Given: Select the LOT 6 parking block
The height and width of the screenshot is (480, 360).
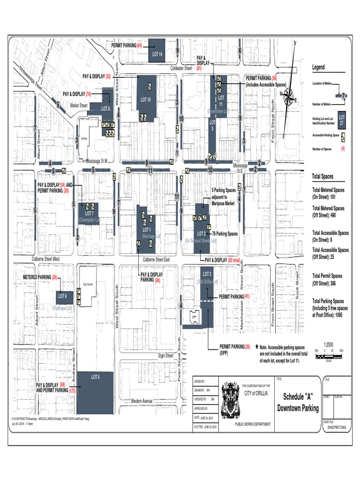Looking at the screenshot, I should coord(95,393).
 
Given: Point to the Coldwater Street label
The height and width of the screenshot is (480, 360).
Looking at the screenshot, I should coord(181,68).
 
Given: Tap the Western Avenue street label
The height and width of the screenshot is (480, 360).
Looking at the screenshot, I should coord(142,401).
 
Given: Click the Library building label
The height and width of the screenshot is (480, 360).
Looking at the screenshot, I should coord(84,139).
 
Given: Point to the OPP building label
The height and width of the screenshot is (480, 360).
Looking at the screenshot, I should coord(193,317).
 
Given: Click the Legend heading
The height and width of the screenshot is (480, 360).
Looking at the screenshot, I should coord(318,67).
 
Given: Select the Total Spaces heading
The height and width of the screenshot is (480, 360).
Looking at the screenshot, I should coord(323,177).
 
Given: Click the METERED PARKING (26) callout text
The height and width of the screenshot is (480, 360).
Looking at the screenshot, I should coord(40,277).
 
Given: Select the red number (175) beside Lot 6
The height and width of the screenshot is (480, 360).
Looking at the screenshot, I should coord(73,390).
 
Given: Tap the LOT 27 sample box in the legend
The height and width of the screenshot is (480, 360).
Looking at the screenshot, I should coord(342,119).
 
